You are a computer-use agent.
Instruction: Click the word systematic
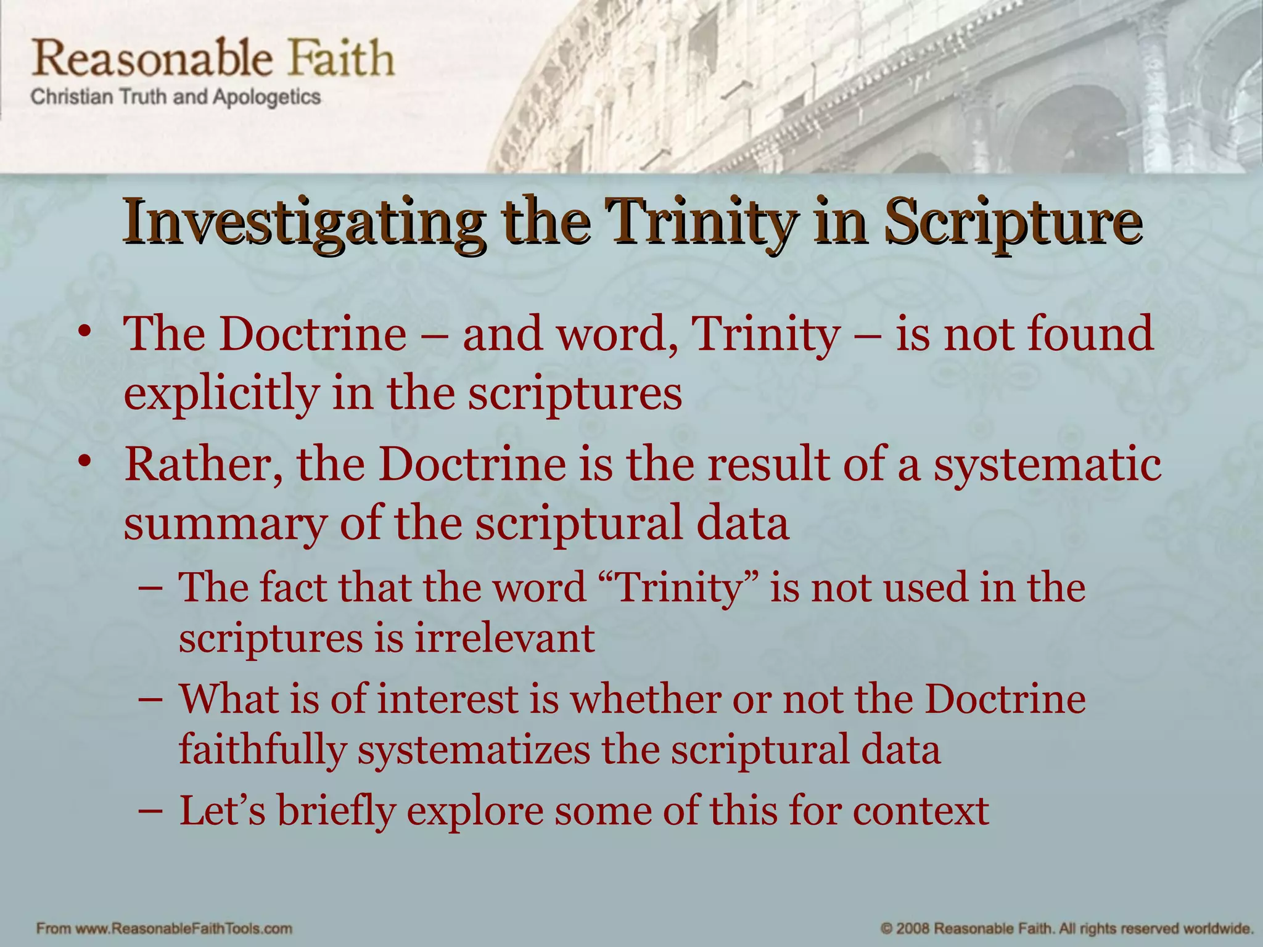point(1047,464)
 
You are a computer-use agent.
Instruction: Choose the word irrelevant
point(504,638)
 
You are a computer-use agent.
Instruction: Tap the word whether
point(644,699)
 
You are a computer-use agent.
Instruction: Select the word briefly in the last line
point(336,811)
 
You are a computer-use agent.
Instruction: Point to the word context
point(921,811)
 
